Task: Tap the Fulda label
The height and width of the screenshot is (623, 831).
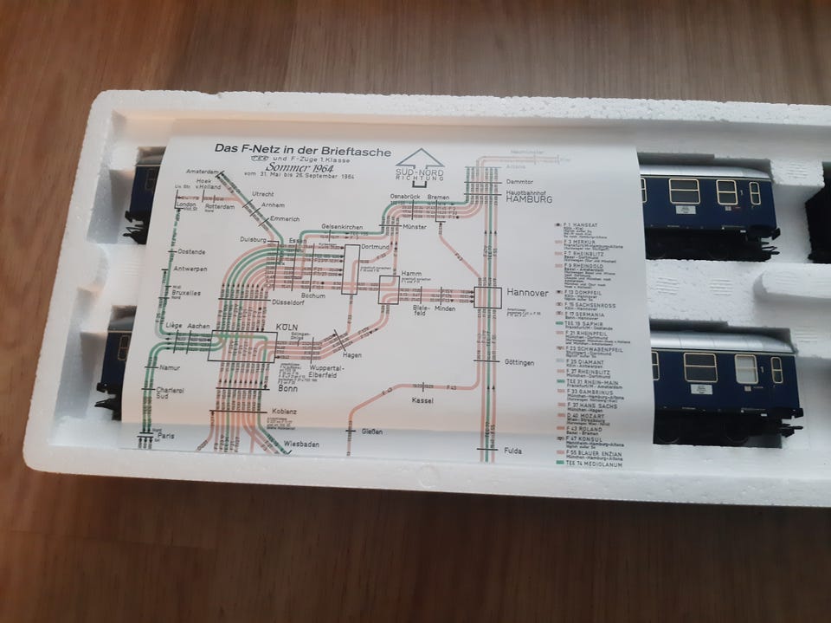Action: tap(513, 451)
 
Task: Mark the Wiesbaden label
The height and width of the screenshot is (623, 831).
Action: tap(301, 445)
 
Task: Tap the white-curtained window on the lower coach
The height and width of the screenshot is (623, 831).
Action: tap(744, 369)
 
